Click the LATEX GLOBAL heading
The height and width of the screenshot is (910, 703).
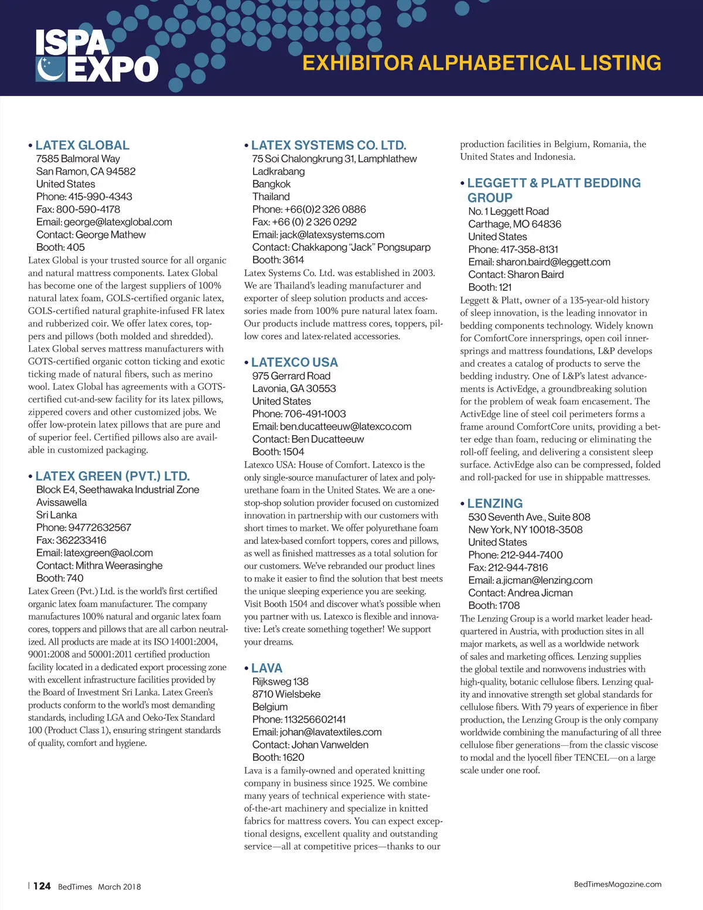coord(82,145)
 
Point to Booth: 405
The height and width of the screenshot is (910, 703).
coord(60,247)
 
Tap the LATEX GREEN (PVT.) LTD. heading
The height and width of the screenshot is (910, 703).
coord(112,476)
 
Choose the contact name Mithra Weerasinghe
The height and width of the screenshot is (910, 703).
coord(119,565)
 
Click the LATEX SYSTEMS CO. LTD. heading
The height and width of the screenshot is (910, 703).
coord(328,145)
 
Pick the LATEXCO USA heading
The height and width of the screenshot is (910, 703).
coord(294,363)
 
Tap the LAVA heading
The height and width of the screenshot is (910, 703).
coord(267,669)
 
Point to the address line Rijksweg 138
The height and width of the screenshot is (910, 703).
coord(280,681)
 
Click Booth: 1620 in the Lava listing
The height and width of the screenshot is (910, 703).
coord(278,758)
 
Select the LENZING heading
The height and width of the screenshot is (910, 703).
coord(494,504)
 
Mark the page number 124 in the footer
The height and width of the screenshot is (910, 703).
coord(42,886)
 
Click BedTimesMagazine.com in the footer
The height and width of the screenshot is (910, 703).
coord(617,884)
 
